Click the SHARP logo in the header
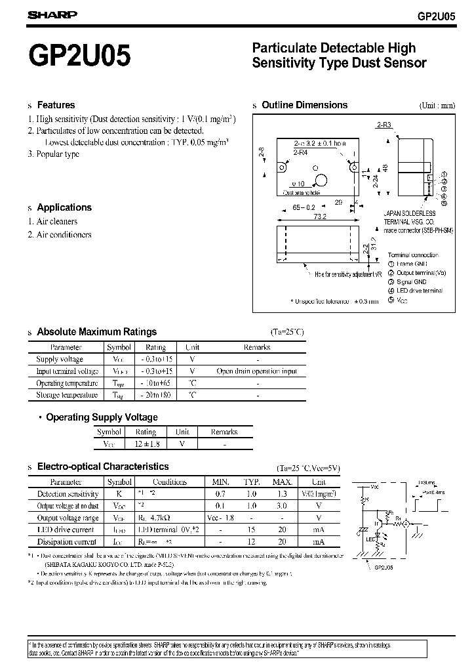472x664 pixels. (x=53, y=13)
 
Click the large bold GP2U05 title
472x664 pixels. (x=79, y=56)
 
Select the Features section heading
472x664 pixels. (x=56, y=105)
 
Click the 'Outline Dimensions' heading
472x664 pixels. (x=304, y=105)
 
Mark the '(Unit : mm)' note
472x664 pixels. (x=437, y=106)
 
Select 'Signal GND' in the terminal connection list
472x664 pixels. (x=412, y=281)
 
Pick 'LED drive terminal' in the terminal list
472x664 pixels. (x=420, y=290)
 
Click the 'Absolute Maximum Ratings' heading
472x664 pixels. (x=96, y=332)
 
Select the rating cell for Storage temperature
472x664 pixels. (x=155, y=395)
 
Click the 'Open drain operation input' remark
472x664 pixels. (x=256, y=371)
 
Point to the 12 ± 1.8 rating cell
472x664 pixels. (x=146, y=444)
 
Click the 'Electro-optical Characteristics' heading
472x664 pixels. (x=102, y=467)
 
